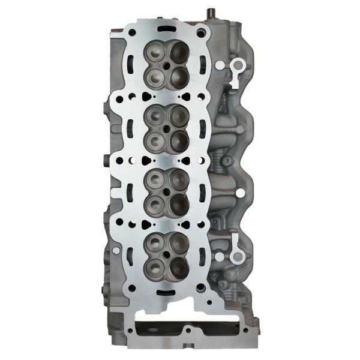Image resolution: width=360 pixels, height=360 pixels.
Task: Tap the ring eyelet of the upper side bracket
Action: coord(235,63)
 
